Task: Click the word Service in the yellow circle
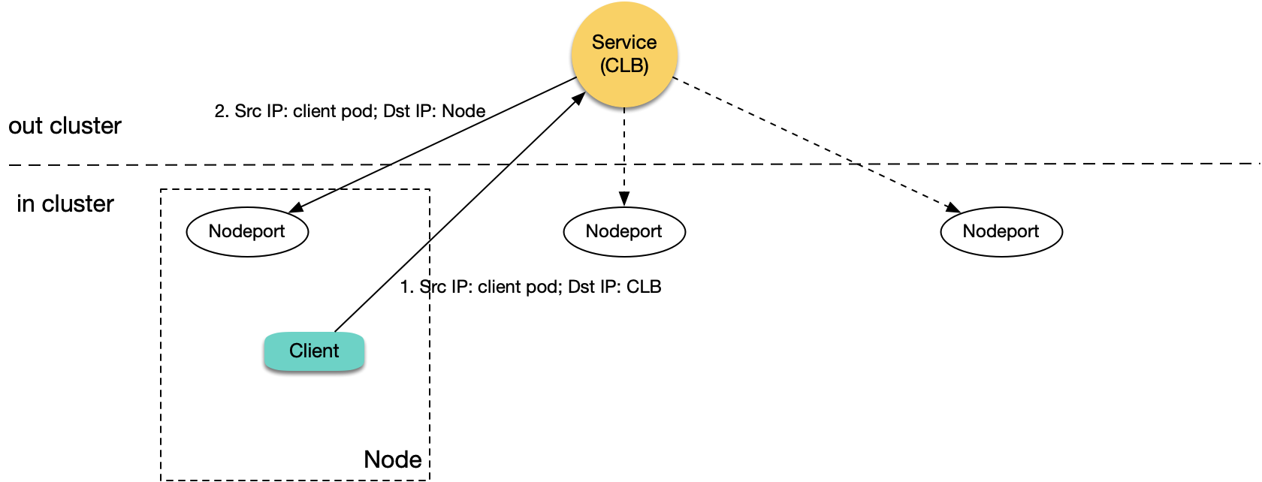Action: [623, 43]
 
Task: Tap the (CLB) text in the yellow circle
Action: [623, 66]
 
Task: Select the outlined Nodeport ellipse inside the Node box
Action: [247, 231]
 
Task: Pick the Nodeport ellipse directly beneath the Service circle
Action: [623, 231]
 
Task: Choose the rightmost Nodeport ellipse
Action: [1001, 231]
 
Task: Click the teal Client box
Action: [314, 351]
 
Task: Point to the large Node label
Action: [392, 459]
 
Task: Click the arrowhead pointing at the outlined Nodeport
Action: [295, 207]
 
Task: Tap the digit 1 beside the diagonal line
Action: [405, 287]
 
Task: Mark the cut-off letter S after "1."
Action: [424, 287]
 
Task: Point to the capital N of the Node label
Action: [372, 459]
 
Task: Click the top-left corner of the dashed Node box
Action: [162, 191]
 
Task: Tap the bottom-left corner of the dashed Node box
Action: [162, 478]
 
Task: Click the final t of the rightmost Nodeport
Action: [1036, 231]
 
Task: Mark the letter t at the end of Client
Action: [336, 351]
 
